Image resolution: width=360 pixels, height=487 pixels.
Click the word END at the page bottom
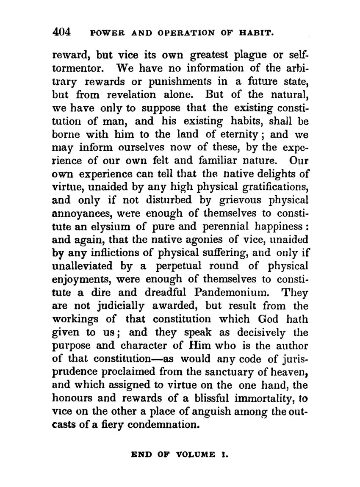pos(141,455)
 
